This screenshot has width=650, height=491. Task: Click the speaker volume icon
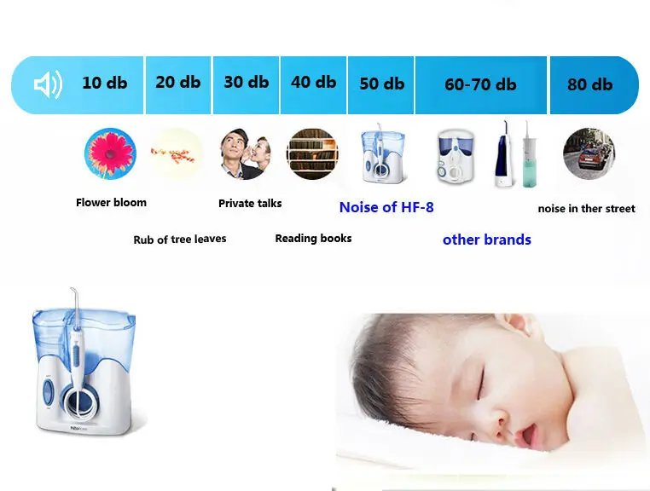tap(47, 84)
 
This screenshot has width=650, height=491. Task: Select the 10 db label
tap(104, 83)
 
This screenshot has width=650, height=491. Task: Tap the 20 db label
tap(177, 82)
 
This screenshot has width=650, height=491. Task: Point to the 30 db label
tap(246, 82)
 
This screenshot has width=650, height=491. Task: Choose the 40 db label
tap(313, 82)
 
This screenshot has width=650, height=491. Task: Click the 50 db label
tap(381, 84)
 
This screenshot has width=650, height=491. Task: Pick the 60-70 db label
tap(480, 84)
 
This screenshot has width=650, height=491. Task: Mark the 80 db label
tap(589, 84)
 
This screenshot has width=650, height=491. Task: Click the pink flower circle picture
tap(110, 153)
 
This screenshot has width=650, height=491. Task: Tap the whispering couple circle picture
tap(245, 154)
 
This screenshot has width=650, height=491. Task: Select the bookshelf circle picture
tap(312, 154)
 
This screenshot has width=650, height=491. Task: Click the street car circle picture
tap(589, 153)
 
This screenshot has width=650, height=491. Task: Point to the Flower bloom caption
tap(111, 203)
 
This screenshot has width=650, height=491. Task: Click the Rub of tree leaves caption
tap(180, 240)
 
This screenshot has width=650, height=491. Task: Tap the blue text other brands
tap(486, 240)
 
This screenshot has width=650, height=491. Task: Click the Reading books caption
tap(313, 239)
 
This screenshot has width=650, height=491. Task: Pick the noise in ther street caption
tap(586, 209)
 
